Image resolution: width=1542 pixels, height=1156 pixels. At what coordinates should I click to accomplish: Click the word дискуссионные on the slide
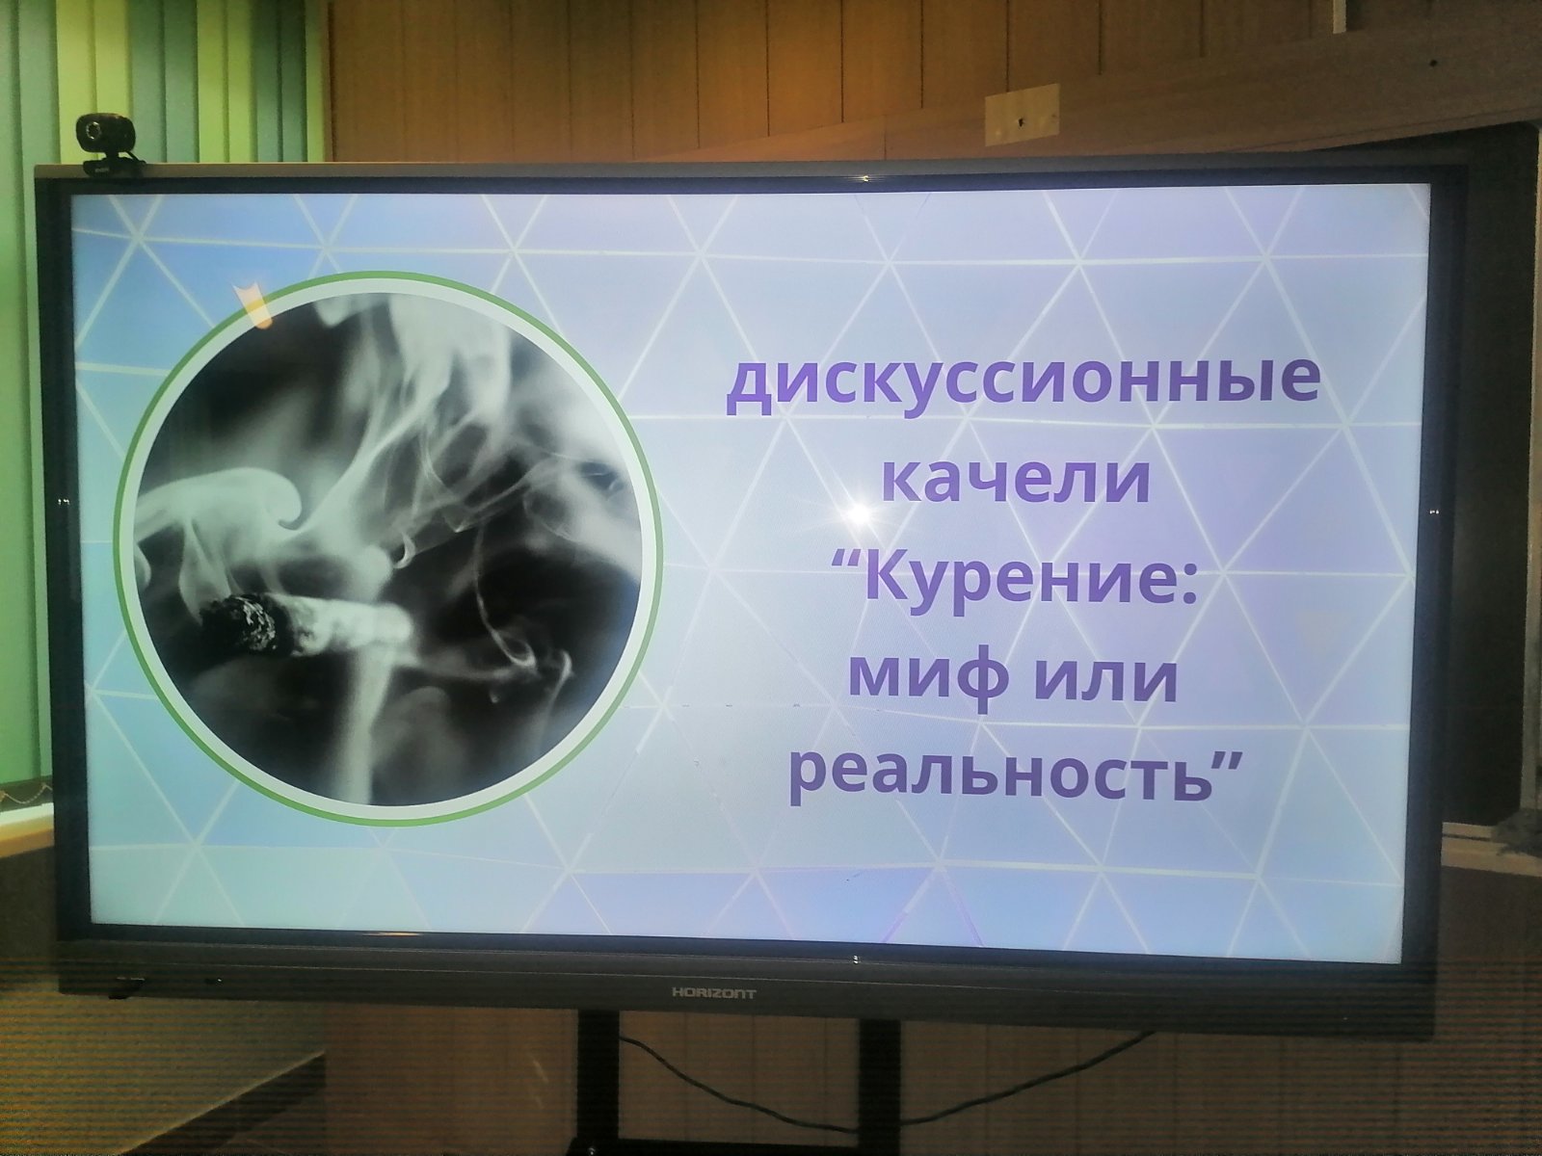[1023, 386]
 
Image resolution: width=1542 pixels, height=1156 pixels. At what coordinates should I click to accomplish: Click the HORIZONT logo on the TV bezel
[714, 993]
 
